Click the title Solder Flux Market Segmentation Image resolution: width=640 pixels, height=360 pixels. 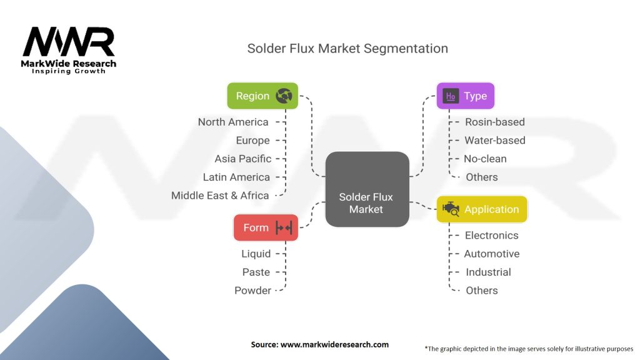[x=347, y=48]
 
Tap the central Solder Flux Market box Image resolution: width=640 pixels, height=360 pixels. [x=366, y=189]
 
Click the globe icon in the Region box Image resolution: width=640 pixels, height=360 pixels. [x=284, y=96]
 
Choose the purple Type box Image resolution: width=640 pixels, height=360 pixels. [x=465, y=96]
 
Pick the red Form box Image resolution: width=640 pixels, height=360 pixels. [x=266, y=227]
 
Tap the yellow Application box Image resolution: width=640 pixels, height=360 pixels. [x=482, y=209]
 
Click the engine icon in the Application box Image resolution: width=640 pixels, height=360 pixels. [x=451, y=210]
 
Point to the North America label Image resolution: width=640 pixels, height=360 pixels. [x=233, y=122]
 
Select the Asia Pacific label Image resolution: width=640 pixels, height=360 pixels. [x=243, y=159]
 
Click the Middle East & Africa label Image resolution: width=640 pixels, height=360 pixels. [x=220, y=196]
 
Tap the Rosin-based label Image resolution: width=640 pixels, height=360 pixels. [x=495, y=122]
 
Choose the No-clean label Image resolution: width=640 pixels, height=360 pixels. [x=485, y=159]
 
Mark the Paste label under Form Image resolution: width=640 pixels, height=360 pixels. [x=256, y=272]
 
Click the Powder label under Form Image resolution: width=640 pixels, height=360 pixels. [x=252, y=291]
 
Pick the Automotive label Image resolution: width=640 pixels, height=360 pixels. [x=492, y=254]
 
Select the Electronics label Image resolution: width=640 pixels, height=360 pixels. [x=491, y=236]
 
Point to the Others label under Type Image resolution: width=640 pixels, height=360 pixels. [x=482, y=177]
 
